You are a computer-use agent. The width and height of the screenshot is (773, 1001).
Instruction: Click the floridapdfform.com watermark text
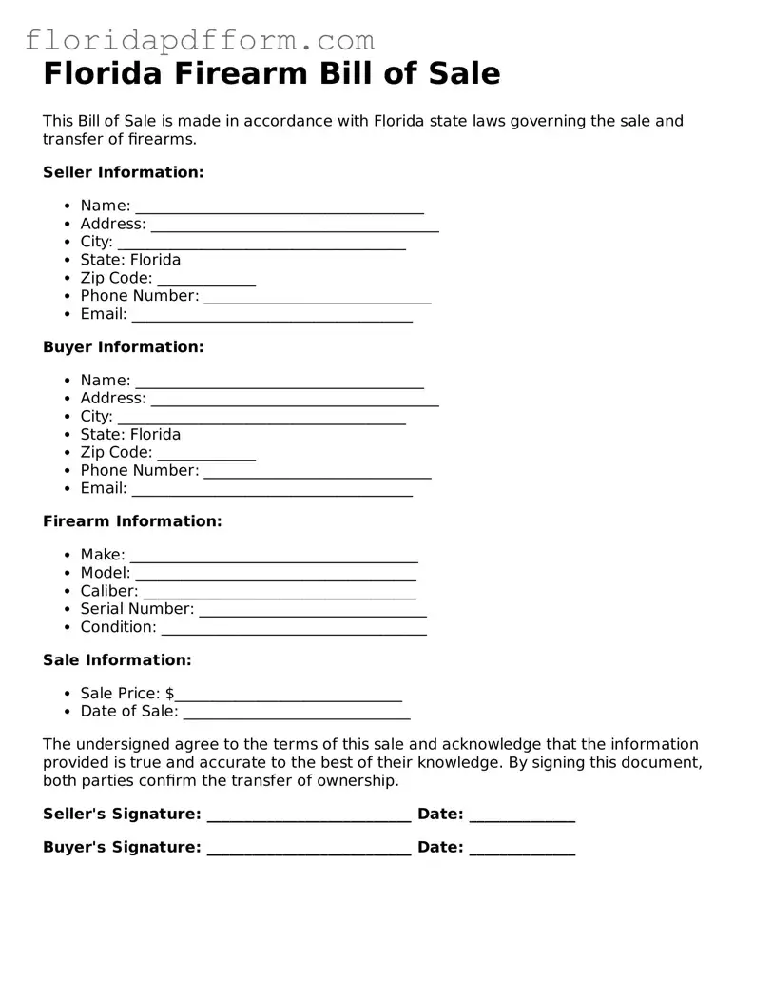(200, 40)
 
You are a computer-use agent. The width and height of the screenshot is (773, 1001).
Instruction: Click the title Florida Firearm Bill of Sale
(271, 73)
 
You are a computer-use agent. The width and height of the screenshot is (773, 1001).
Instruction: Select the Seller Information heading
(123, 172)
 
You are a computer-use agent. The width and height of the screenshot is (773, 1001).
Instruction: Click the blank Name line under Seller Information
(279, 207)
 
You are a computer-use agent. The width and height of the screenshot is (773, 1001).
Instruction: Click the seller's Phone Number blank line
(317, 298)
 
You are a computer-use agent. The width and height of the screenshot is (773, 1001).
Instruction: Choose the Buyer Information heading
(123, 347)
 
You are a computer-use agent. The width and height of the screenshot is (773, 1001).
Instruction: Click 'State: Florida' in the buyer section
(130, 434)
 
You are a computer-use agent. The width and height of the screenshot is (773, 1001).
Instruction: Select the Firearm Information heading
(132, 521)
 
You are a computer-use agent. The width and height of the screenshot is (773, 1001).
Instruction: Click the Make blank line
(273, 557)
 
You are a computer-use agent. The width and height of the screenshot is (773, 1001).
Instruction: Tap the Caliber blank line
(279, 593)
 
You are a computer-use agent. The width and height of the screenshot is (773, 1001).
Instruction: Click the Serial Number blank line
(312, 611)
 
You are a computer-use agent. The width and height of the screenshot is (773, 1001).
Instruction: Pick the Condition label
(118, 627)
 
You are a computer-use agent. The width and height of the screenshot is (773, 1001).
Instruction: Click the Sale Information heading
(117, 660)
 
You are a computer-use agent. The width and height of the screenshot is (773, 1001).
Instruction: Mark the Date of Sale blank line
(296, 714)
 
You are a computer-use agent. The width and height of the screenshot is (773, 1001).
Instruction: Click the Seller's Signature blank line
(308, 816)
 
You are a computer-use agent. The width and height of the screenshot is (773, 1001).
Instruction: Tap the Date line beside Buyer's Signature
(522, 850)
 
